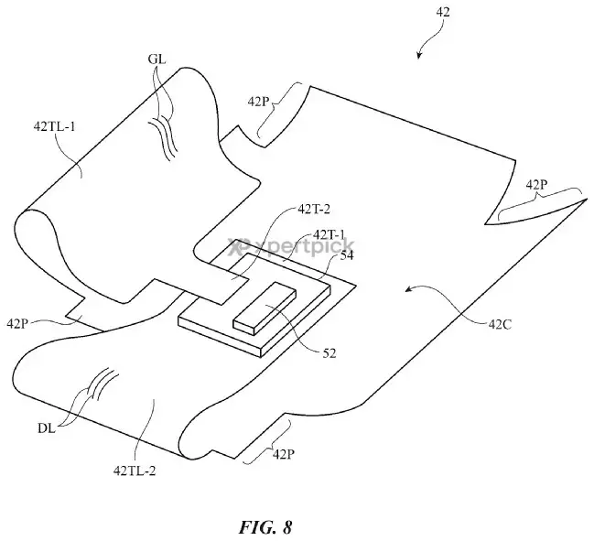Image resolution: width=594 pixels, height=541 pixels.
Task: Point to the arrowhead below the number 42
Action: (x=419, y=57)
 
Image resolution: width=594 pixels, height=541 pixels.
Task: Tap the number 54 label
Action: (x=347, y=256)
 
